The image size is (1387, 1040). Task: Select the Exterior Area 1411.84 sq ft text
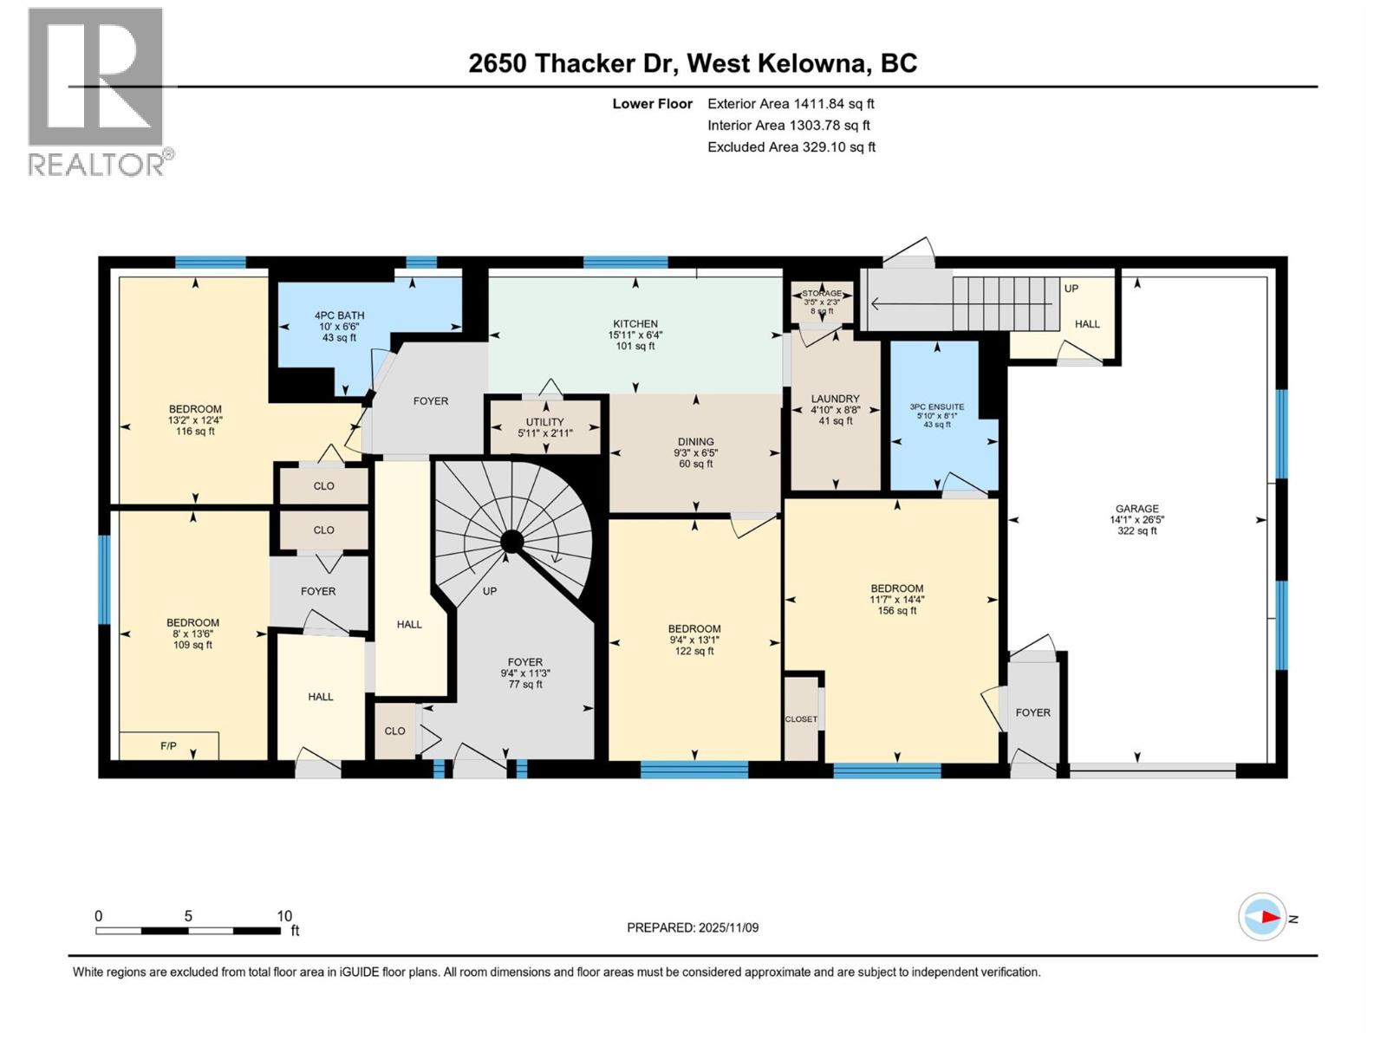(x=790, y=104)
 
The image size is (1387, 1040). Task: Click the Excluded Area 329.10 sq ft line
(x=791, y=147)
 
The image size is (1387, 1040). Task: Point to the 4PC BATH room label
(x=339, y=326)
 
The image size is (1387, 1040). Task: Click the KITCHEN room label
(x=635, y=334)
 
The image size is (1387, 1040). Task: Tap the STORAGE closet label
(x=820, y=294)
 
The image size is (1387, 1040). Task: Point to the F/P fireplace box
(x=169, y=745)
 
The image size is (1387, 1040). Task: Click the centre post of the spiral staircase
(x=512, y=543)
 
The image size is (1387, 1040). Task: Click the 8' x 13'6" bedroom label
(x=192, y=634)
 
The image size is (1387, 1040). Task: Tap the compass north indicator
(x=1263, y=917)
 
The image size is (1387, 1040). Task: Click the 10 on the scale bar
(x=283, y=916)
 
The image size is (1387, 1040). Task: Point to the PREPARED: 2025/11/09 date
(x=693, y=927)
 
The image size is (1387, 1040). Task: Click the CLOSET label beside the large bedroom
(x=801, y=719)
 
